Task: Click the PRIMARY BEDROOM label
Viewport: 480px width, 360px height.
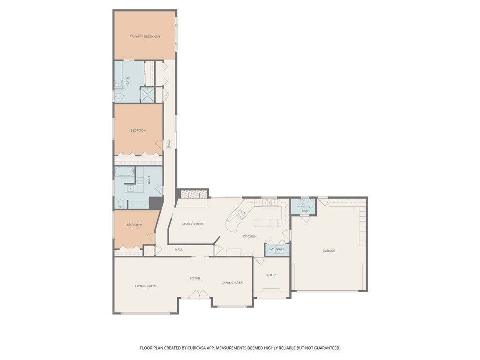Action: point(145,37)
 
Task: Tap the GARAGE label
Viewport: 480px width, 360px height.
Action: point(329,251)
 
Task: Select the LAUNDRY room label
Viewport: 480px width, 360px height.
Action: point(277,249)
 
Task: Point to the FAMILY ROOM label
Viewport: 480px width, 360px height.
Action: point(192,224)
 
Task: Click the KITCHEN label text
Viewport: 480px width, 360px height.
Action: point(249,236)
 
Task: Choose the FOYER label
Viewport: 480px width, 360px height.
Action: point(195,278)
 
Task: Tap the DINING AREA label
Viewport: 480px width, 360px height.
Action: point(232,283)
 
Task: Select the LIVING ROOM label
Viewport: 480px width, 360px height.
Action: point(146,286)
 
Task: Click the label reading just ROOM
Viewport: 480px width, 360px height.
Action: point(271,275)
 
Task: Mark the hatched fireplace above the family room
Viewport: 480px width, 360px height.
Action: point(194,195)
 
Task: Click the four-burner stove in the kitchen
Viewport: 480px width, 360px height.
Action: point(241,214)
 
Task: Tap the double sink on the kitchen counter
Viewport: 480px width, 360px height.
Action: point(270,202)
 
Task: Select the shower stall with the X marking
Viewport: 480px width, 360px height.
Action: point(148,95)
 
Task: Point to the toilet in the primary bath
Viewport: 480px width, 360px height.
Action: point(119,97)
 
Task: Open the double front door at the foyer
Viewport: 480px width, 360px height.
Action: point(199,294)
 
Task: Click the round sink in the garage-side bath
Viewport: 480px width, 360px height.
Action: point(301,202)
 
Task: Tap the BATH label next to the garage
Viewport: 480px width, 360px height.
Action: point(306,211)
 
